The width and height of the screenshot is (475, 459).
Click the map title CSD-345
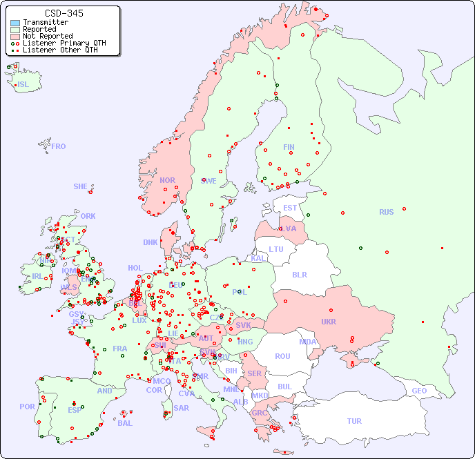point(64,13)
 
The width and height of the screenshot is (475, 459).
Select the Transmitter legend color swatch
point(15,23)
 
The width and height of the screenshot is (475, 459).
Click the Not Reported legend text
point(48,36)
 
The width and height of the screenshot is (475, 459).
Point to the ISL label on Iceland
point(23,85)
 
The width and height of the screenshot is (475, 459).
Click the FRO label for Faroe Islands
point(59,146)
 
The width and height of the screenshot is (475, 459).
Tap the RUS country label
point(386,212)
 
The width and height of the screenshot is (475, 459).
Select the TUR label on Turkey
point(354,421)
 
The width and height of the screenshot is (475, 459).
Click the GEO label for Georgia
point(419,391)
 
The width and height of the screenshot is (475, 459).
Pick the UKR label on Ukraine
point(329,322)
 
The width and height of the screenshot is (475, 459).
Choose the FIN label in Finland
point(289,147)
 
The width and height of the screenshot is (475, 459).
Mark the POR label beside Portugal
point(27,407)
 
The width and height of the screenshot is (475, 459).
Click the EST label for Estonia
point(290,208)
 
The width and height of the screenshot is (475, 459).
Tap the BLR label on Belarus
point(299,274)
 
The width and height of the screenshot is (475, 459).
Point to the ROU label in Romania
point(282,356)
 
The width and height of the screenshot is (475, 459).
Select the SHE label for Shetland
point(81,186)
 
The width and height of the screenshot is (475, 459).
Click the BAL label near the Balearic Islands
point(125,423)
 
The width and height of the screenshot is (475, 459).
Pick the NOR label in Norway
point(167,180)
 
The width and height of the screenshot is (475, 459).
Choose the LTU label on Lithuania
point(276,249)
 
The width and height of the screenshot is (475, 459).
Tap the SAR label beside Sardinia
point(181,408)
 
